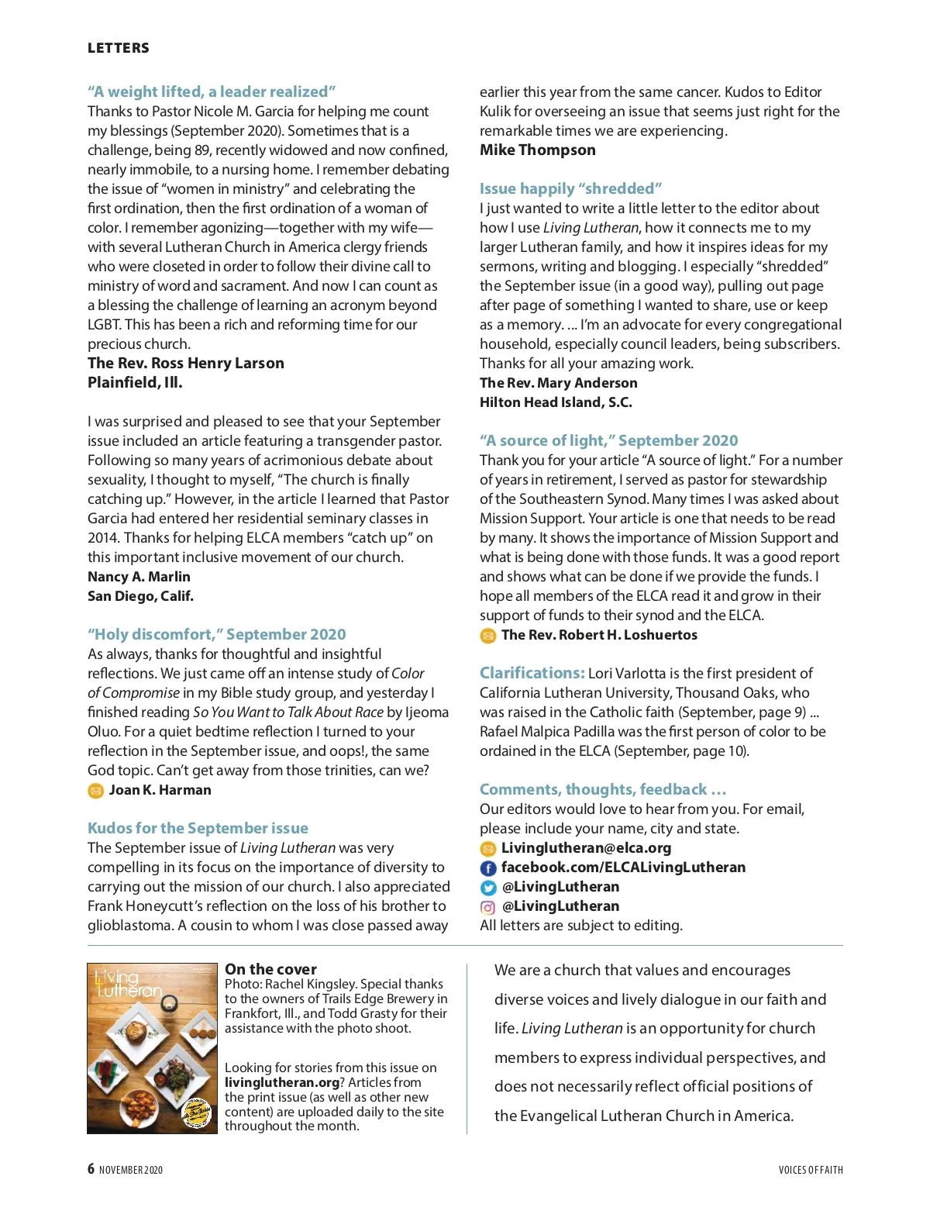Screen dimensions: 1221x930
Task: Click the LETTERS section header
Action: pos(119,48)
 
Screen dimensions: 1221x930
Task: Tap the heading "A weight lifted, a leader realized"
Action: pos(212,91)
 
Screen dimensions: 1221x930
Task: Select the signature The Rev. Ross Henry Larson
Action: pos(186,363)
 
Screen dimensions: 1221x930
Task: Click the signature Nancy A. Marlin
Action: pos(139,577)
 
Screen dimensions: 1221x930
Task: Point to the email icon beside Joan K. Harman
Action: pos(95,791)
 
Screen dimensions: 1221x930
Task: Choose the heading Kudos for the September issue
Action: pos(198,828)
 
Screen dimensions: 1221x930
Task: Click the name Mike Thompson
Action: pos(538,150)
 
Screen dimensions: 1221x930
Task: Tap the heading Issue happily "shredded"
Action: pos(570,188)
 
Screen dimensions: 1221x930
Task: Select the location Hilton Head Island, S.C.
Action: pos(556,402)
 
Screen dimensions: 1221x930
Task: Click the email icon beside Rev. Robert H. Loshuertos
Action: pos(488,636)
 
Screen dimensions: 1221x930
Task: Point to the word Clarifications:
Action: pos(532,673)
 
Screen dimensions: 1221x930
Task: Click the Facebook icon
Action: pos(488,868)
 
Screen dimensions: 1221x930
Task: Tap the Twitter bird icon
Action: pos(488,888)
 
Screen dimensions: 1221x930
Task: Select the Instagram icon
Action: pos(488,907)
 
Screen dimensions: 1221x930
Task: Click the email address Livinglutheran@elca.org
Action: pos(586,848)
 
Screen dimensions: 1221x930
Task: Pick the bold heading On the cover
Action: pos(270,969)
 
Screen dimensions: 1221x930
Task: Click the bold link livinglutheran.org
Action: pos(282,1082)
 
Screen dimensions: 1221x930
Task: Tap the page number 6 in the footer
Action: pos(91,1169)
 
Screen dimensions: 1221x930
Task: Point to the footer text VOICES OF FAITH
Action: pos(811,1170)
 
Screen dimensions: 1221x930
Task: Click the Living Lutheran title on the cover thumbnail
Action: pos(127,985)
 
